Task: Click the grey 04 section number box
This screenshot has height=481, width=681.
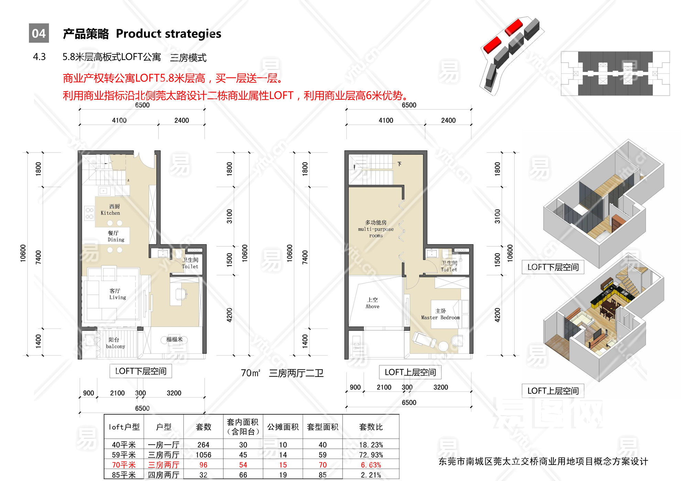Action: [x=39, y=33]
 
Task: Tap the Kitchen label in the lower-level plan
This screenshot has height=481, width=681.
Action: [x=110, y=210]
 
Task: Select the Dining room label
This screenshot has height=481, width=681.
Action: [x=116, y=236]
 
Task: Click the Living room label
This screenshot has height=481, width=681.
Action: [x=117, y=294]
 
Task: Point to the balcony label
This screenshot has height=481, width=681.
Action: [x=115, y=343]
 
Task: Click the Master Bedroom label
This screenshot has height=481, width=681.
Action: [x=440, y=314]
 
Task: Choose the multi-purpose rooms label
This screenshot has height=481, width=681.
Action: [x=376, y=229]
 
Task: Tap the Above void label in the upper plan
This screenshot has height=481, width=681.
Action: [x=372, y=303]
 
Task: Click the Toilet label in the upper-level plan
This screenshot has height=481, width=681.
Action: [x=449, y=266]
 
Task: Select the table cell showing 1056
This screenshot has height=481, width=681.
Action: [x=203, y=455]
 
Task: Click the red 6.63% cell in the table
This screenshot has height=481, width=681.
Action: [x=371, y=465]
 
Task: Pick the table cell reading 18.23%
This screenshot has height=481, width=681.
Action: [x=371, y=445]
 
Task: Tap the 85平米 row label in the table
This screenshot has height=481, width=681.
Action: [x=124, y=475]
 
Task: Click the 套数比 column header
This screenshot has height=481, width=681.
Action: [x=371, y=427]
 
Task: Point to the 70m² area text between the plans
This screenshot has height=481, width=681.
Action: [x=250, y=373]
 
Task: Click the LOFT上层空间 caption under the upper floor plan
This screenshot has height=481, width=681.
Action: [x=410, y=372]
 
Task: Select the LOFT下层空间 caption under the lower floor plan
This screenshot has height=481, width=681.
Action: [x=141, y=371]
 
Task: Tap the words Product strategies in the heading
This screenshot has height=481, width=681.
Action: [x=169, y=34]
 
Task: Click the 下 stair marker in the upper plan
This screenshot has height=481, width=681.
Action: [x=399, y=164]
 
